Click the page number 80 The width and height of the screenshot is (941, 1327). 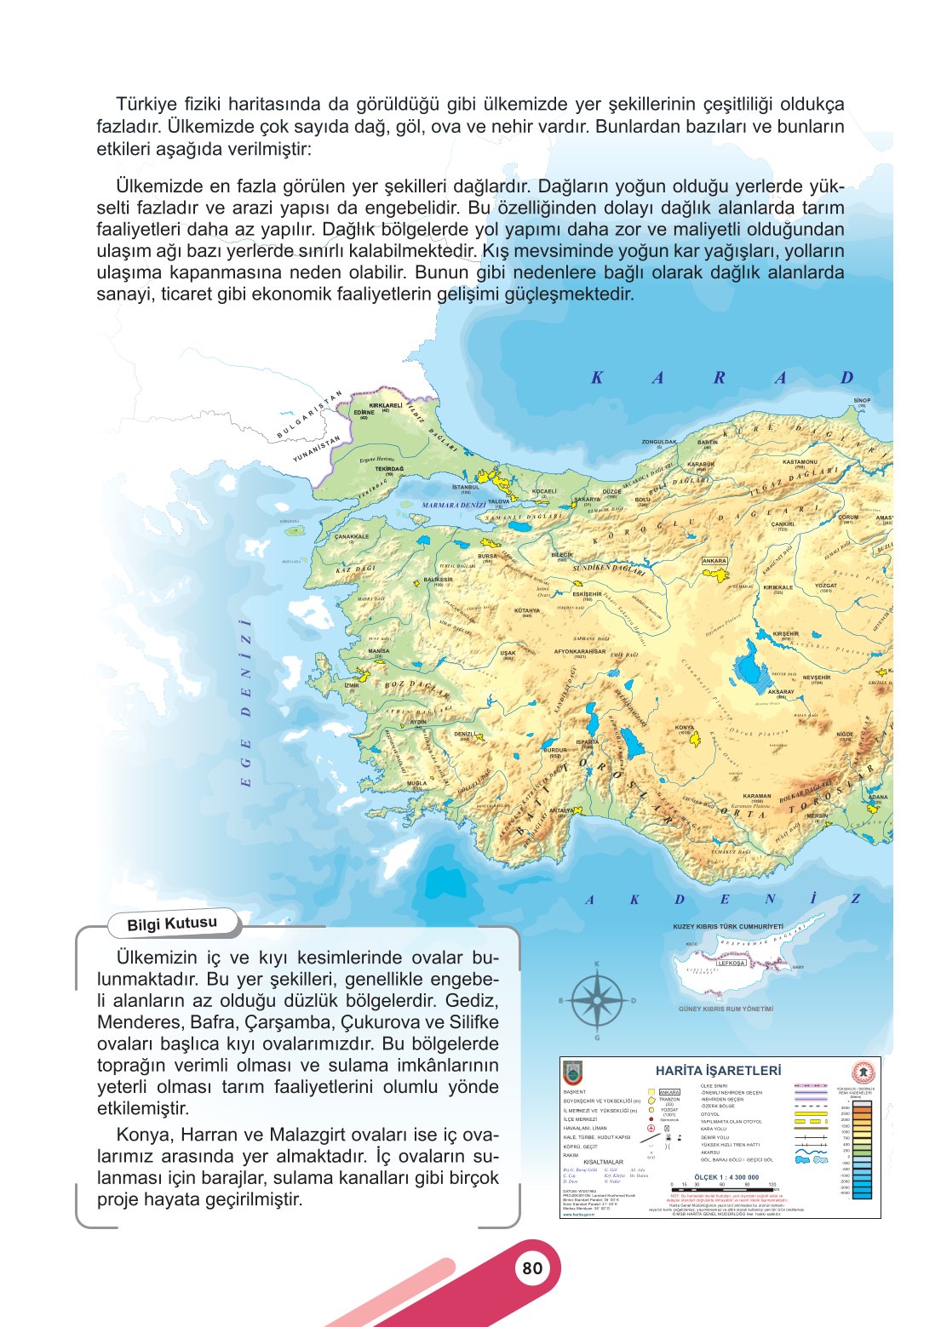532,1268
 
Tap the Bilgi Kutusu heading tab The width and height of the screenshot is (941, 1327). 172,924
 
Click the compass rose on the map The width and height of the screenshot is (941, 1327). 597,1001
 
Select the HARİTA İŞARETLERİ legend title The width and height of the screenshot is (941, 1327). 718,1071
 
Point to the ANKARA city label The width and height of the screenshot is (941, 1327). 714,561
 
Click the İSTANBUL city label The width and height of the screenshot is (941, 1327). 466,488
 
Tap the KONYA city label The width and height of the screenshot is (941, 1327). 685,728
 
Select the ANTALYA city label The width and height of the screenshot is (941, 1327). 562,810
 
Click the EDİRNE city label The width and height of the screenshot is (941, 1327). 364,412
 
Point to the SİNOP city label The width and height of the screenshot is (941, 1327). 862,400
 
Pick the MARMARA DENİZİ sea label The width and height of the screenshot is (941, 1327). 454,506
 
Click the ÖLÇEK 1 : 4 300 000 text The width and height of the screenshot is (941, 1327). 726,1177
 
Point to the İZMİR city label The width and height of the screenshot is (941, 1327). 352,684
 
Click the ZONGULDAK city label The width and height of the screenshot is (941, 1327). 659,442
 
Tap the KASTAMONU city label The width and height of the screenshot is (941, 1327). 800,462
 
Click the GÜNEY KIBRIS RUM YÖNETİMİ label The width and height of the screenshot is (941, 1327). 726,1009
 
